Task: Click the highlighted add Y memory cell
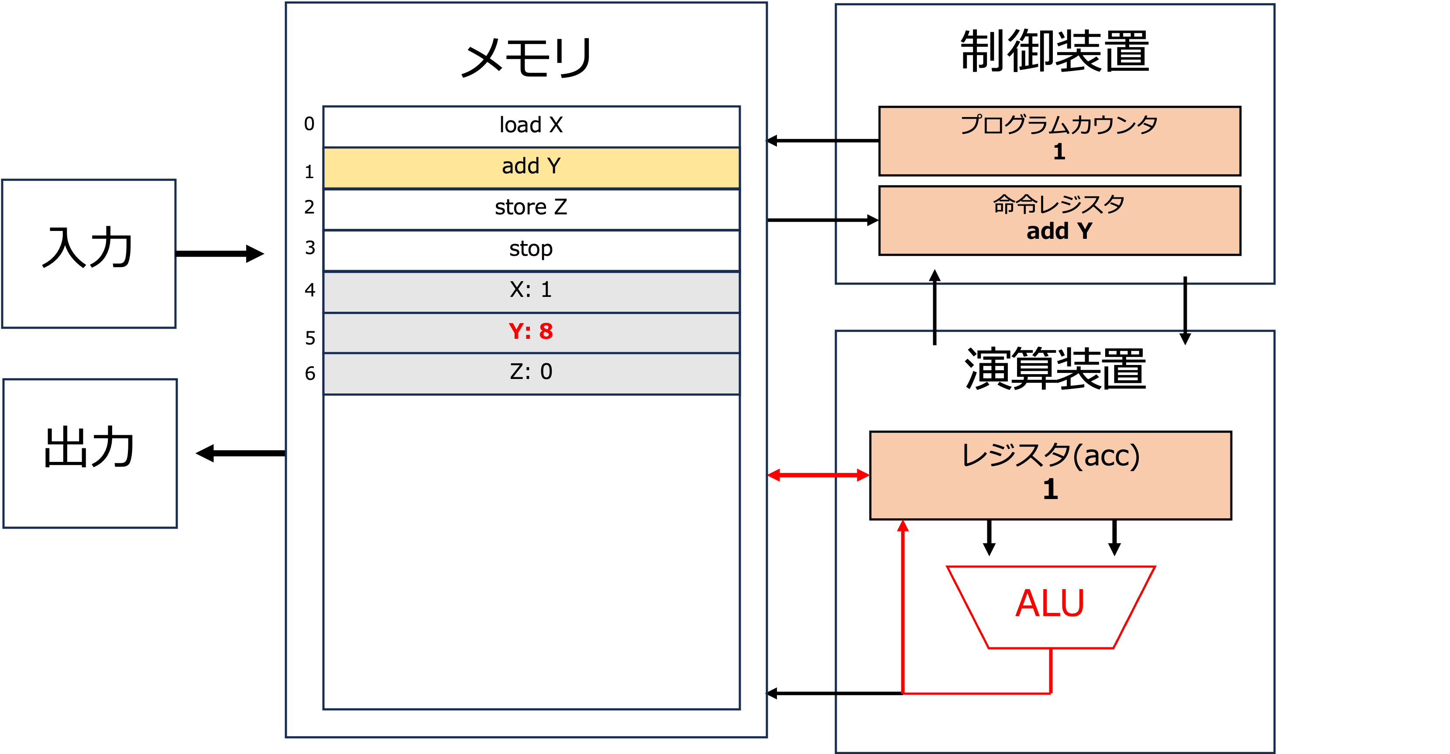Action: pyautogui.click(x=531, y=168)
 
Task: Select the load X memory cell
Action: pyautogui.click(x=531, y=127)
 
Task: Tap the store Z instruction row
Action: pyautogui.click(x=531, y=209)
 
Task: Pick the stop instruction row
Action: pyautogui.click(x=531, y=250)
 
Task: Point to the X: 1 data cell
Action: pyautogui.click(x=531, y=292)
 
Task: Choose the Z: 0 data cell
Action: pyautogui.click(x=531, y=373)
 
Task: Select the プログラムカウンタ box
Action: pyautogui.click(x=1059, y=141)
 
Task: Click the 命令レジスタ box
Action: pyautogui.click(x=1059, y=220)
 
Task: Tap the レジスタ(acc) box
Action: pyautogui.click(x=1050, y=475)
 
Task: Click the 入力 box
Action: pyautogui.click(x=89, y=253)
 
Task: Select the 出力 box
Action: pyautogui.click(x=90, y=453)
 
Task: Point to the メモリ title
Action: pyautogui.click(x=527, y=58)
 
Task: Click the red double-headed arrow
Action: pyautogui.click(x=818, y=475)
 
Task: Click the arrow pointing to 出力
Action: pyautogui.click(x=241, y=453)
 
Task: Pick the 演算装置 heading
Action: pyautogui.click(x=1055, y=368)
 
